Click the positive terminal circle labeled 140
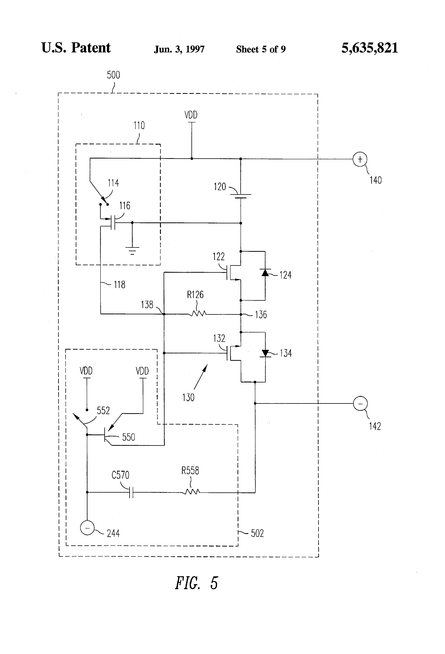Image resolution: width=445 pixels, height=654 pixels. (360, 159)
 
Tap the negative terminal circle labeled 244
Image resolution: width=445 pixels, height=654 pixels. (87, 528)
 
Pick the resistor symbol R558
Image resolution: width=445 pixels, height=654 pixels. (192, 492)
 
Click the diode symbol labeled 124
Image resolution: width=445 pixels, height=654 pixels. (265, 272)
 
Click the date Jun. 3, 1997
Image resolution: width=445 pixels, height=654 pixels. (179, 49)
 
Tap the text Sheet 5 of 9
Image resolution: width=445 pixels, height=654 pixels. (261, 49)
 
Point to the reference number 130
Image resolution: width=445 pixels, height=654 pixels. (188, 397)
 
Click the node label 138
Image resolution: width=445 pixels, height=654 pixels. (147, 305)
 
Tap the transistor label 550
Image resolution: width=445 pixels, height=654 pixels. (128, 437)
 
